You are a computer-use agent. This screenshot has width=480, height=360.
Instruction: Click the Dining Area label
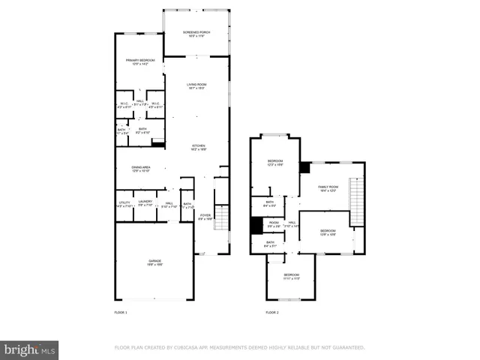coord(141,169)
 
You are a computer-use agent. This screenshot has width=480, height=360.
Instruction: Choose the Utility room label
coord(124,203)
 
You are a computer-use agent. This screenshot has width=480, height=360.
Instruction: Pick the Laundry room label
coord(145,203)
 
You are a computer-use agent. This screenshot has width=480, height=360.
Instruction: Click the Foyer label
coord(205,217)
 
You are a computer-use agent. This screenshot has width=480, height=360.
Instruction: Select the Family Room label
coord(328,188)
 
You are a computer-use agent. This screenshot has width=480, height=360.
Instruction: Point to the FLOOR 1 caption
coord(121,312)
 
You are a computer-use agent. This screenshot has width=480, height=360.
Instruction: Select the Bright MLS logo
coord(29,349)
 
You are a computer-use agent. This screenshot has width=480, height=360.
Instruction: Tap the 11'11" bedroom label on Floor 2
coord(292,277)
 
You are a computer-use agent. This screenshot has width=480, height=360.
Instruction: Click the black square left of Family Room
coord(304,168)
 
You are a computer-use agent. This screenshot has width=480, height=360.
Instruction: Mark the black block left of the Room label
coord(256,225)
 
